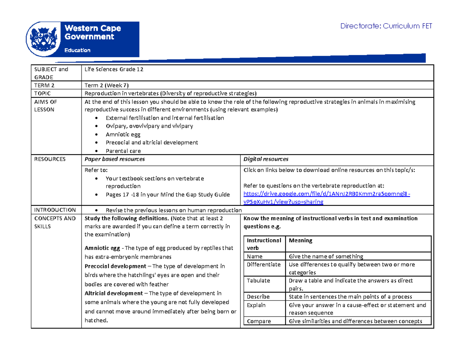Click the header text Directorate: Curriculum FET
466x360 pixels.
point(386,26)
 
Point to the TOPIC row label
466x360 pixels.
point(43,94)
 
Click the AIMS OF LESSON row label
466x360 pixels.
point(45,106)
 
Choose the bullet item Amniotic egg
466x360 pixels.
point(123,134)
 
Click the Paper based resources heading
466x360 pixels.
point(115,159)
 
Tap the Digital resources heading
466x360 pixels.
point(266,159)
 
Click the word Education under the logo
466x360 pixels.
point(77,50)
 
